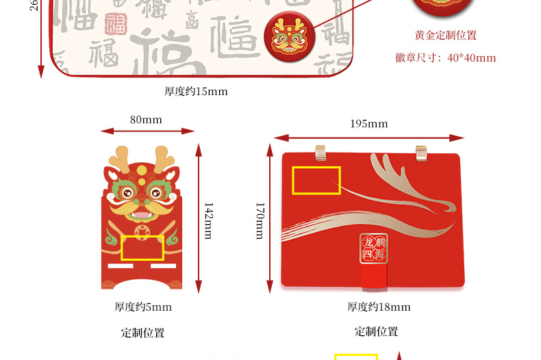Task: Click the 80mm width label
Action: [146, 120]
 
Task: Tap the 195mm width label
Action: [368, 124]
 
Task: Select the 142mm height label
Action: [209, 218]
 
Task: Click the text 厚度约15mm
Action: [195, 91]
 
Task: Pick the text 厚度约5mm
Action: [143, 307]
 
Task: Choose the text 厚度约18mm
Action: [379, 307]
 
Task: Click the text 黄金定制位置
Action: [446, 36]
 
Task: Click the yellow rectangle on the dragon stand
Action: [142, 248]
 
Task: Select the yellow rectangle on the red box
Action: [316, 180]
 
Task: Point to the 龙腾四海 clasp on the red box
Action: [374, 249]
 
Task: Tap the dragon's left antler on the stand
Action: [121, 157]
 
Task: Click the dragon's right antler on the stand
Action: [164, 157]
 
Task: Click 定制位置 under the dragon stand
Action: [143, 333]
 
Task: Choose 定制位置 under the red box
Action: [376, 332]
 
